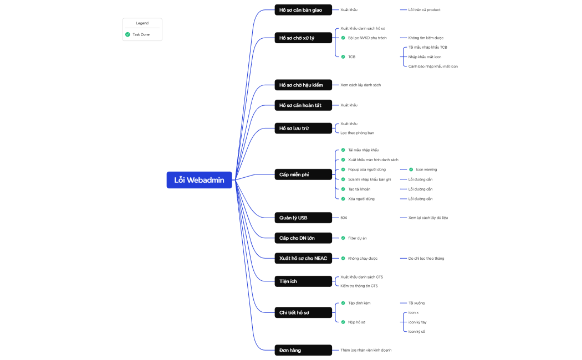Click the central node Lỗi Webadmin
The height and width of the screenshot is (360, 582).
pos(199,180)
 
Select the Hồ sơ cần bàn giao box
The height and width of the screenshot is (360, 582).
pos(303,10)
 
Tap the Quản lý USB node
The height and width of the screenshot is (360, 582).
pos(303,218)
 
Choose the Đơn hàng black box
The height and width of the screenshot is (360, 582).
pos(303,350)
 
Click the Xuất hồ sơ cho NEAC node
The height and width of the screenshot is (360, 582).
pos(303,258)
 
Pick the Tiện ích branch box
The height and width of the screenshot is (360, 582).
pos(303,281)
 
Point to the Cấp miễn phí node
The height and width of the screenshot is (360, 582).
pos(303,174)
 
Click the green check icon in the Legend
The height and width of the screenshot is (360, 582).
pos(127,34)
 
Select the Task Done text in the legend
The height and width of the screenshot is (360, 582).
pos(141,34)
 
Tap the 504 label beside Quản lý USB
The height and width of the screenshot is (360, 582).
pos(344,218)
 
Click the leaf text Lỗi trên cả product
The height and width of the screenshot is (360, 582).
pos(424,10)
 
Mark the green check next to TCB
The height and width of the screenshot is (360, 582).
pos(343,56)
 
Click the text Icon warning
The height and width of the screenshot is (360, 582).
pos(426,169)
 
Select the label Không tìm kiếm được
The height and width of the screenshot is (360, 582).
pos(426,38)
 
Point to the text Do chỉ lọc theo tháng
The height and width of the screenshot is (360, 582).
pos(426,258)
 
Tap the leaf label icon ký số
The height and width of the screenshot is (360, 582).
pos(417,331)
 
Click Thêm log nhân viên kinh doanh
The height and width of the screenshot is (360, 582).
pos(366,350)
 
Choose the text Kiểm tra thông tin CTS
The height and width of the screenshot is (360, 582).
pos(359,286)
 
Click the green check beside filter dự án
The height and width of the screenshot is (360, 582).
pos(343,238)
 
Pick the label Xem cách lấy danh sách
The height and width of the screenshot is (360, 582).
pos(360,85)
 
